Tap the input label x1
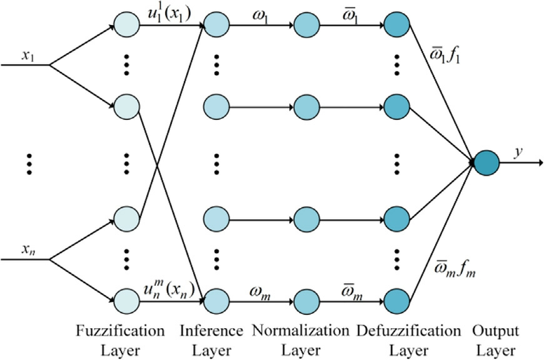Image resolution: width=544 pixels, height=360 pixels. pyautogui.click(x=27, y=56)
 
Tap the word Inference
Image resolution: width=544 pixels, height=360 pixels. pyautogui.click(x=216, y=330)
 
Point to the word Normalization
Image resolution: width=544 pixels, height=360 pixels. pyautogui.click(x=306, y=330)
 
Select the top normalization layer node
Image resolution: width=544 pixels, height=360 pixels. pyautogui.click(x=306, y=26)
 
